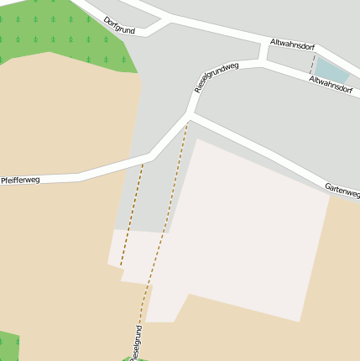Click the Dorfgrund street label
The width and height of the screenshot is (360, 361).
(119, 24)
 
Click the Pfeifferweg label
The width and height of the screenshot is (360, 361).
(20, 180)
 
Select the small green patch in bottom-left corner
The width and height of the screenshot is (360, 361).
(8, 346)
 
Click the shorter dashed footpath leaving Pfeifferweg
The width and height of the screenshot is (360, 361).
(133, 214)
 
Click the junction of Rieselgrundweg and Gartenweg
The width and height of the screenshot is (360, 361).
(190, 116)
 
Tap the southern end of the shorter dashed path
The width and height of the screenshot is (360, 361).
(121, 265)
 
